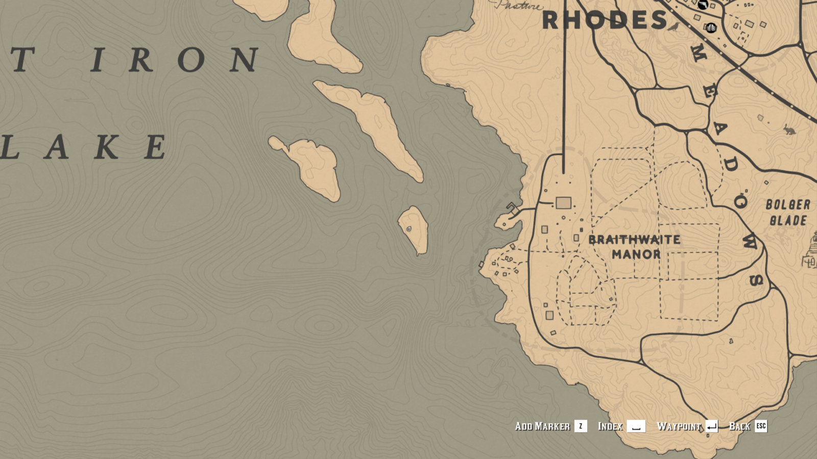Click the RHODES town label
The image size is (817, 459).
coord(605,20)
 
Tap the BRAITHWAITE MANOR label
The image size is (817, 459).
coord(635,247)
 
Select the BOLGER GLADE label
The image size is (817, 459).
coord(788,213)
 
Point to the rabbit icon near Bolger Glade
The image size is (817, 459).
coord(789,130)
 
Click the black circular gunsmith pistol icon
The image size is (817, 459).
coord(703,5)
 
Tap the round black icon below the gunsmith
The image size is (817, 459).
coord(711,28)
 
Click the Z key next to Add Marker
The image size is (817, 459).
coord(581,426)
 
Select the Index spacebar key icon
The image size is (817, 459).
coord(636,426)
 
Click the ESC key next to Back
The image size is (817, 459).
coord(761,426)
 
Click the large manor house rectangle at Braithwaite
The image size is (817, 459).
coord(563,203)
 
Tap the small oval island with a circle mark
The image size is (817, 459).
coord(413,229)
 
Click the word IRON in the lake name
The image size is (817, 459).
coord(174,60)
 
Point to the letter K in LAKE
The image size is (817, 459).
coord(106,147)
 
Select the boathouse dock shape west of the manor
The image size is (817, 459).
coord(513,209)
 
